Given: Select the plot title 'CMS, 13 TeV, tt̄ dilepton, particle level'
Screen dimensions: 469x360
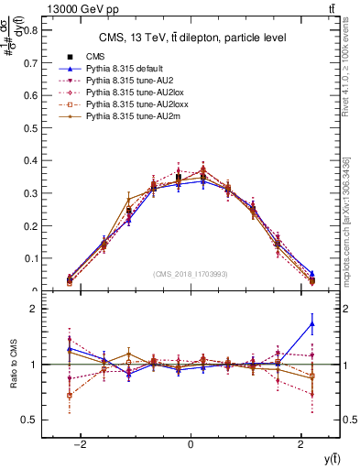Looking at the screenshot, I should click(192, 38).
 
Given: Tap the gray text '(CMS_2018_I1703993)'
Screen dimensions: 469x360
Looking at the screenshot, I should click(190, 274).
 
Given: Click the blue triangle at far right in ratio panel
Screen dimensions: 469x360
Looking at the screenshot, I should click(312, 323).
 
